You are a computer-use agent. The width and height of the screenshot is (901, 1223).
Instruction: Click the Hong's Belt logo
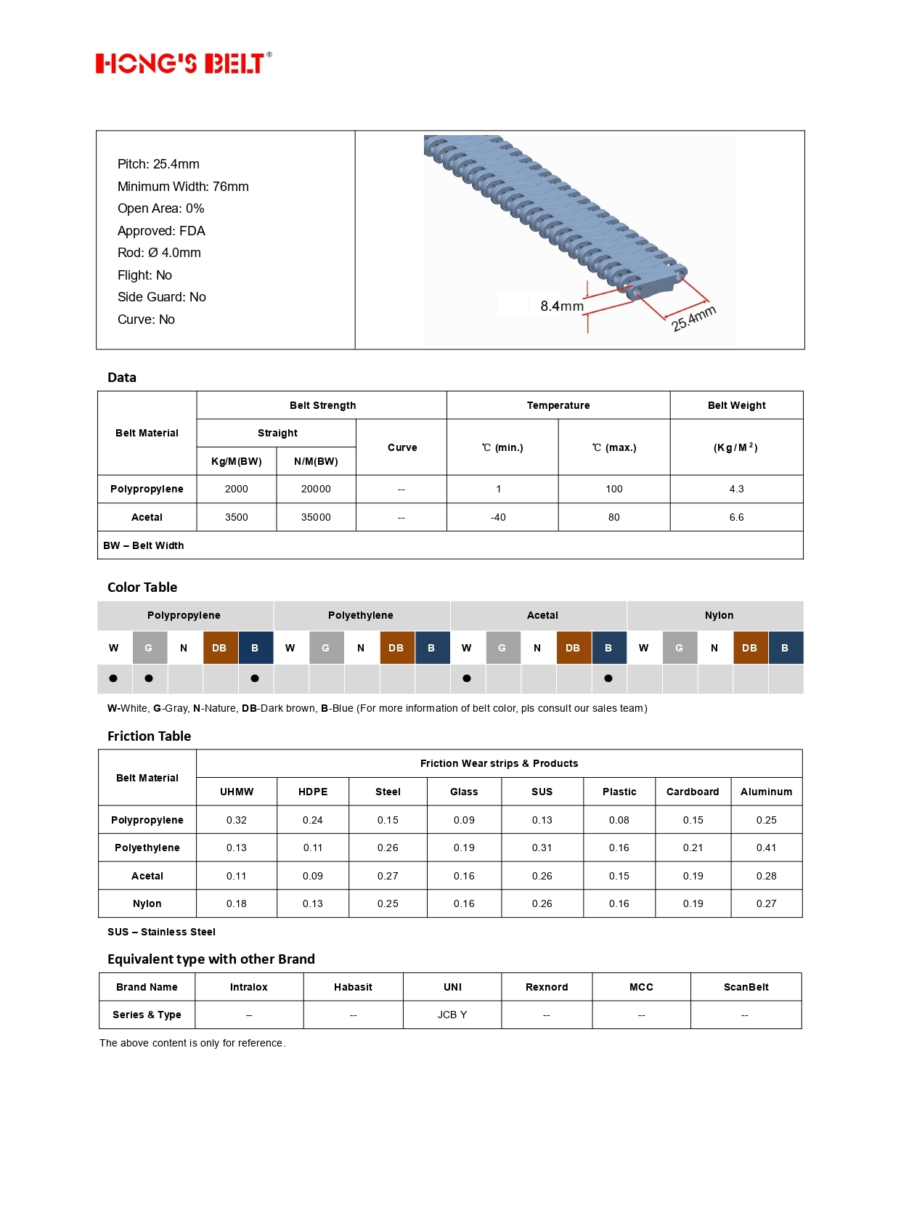click(x=183, y=64)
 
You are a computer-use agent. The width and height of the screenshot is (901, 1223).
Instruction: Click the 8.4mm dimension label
click(x=561, y=306)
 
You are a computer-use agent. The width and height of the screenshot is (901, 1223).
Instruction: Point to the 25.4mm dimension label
click(x=693, y=318)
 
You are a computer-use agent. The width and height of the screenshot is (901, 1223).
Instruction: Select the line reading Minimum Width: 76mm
click(x=183, y=187)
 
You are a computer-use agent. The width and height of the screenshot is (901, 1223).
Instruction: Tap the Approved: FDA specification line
click(x=161, y=231)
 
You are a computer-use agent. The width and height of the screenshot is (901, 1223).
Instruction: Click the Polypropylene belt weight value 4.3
click(x=736, y=489)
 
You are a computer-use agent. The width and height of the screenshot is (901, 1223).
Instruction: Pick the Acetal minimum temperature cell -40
click(x=498, y=517)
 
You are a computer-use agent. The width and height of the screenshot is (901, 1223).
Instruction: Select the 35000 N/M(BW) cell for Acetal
click(x=316, y=517)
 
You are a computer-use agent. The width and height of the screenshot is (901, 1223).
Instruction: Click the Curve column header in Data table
click(x=402, y=447)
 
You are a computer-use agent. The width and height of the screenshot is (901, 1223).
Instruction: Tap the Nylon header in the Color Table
click(x=719, y=615)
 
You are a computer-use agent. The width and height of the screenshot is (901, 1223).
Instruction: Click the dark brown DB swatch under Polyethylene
click(x=396, y=648)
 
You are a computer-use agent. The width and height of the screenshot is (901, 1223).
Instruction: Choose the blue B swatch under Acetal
click(x=608, y=648)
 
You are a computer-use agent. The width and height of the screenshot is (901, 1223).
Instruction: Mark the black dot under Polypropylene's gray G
click(x=149, y=678)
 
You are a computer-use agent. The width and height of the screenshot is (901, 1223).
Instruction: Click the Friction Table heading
click(x=149, y=736)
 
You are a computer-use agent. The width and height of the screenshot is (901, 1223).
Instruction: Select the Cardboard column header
click(x=693, y=792)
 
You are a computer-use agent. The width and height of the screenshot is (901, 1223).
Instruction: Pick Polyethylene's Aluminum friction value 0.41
click(x=766, y=848)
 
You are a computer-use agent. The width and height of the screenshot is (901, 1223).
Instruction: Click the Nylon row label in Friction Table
click(x=147, y=903)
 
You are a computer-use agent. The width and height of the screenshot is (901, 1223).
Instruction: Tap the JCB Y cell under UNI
click(x=452, y=1015)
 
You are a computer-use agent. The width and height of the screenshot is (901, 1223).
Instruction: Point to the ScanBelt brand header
click(x=746, y=987)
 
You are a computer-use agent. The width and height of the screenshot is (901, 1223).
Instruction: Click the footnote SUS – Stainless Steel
click(x=161, y=932)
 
